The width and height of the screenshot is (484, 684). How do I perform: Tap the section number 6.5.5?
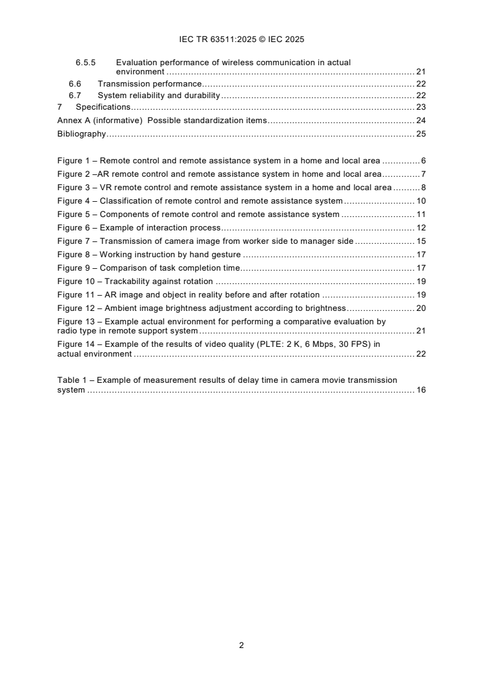click(87, 62)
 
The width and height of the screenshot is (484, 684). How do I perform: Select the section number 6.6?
click(75, 84)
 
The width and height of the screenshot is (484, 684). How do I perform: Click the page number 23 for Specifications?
click(421, 107)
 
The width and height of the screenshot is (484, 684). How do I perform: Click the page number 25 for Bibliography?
click(421, 134)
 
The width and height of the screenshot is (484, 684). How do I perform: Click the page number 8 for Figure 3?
click(423, 188)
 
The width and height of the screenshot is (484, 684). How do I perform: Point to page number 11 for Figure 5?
click(421, 215)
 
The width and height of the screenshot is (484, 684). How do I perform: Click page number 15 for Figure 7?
click(421, 241)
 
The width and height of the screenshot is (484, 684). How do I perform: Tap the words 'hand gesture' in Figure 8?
click(216, 255)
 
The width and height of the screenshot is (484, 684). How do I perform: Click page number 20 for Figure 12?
click(421, 308)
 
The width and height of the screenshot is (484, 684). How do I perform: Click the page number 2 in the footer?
click(242, 645)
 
